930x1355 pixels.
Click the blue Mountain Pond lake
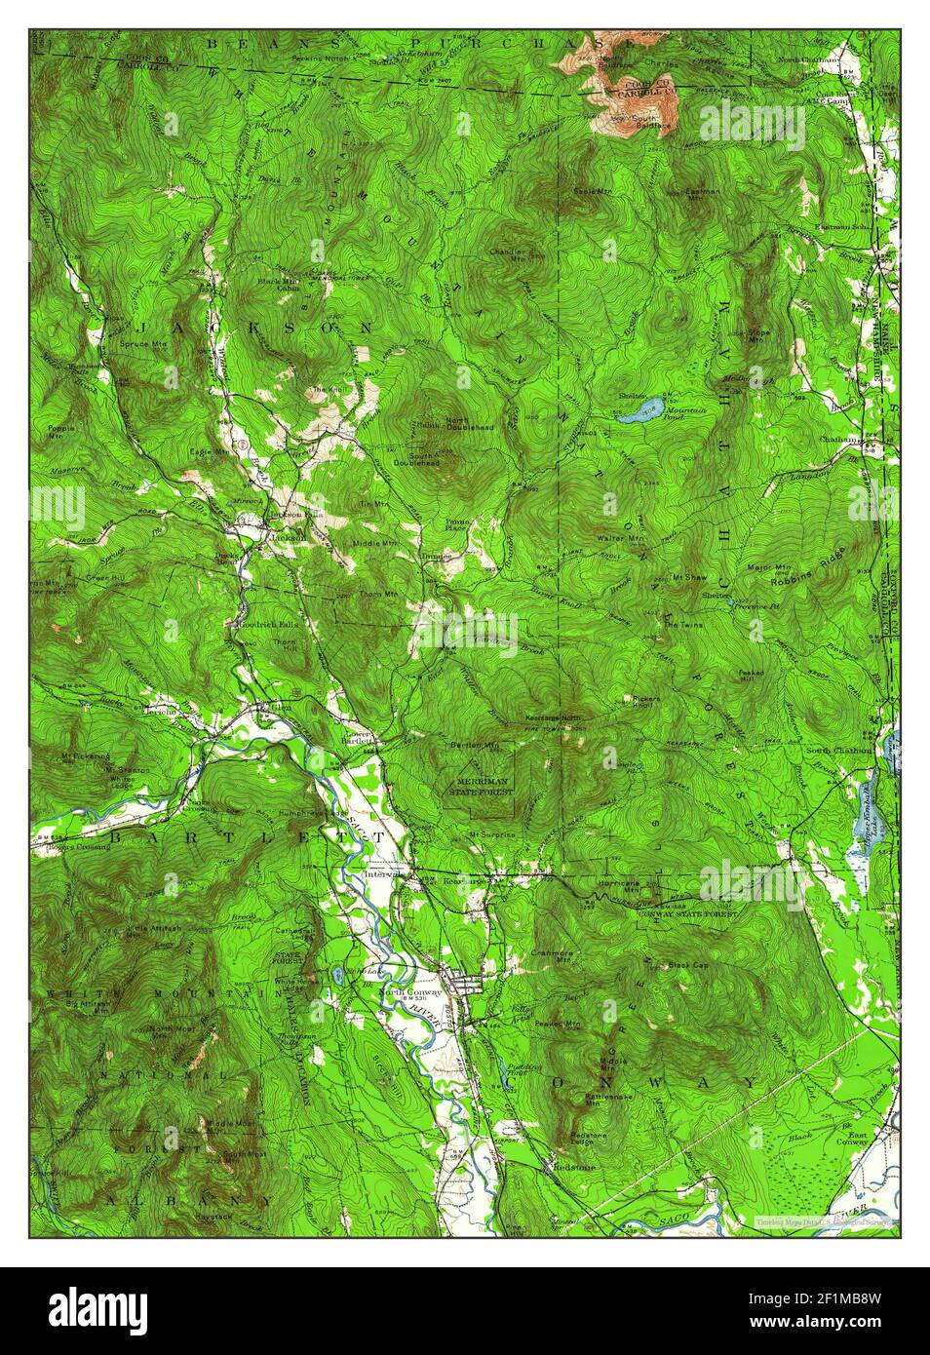click(x=639, y=410)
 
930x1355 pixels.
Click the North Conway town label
click(x=409, y=992)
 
